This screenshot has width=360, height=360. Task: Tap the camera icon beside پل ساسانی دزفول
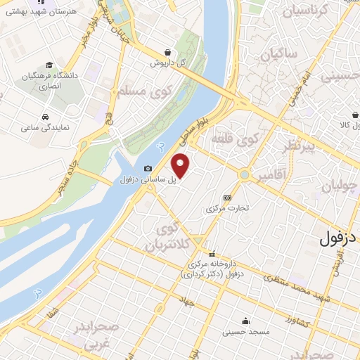click(x=148, y=169)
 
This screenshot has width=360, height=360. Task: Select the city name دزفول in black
click(x=339, y=238)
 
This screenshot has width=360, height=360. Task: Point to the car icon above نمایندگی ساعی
click(x=45, y=117)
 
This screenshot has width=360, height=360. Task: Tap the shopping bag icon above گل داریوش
click(x=167, y=52)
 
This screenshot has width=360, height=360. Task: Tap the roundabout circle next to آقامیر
click(x=244, y=174)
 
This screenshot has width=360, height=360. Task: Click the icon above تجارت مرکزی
click(x=226, y=198)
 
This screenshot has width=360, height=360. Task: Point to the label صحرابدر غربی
click(x=98, y=337)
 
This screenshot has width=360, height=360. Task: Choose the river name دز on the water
click(x=162, y=146)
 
